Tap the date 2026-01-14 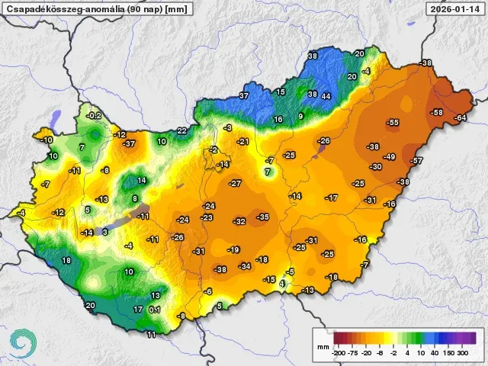click(x=455, y=9)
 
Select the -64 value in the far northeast click(x=460, y=117)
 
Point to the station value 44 click(x=326, y=96)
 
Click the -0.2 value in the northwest click(x=94, y=115)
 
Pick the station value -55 click(x=393, y=122)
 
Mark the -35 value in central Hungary click(x=263, y=217)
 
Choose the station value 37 click(x=244, y=95)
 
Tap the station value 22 click(x=181, y=130)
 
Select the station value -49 click(x=389, y=156)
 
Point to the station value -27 click(x=236, y=184)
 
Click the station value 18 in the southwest click(x=66, y=260)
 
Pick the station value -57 click(x=416, y=161)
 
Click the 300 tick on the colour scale click(x=462, y=352)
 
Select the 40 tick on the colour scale click(x=433, y=352)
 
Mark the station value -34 click(x=245, y=266)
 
